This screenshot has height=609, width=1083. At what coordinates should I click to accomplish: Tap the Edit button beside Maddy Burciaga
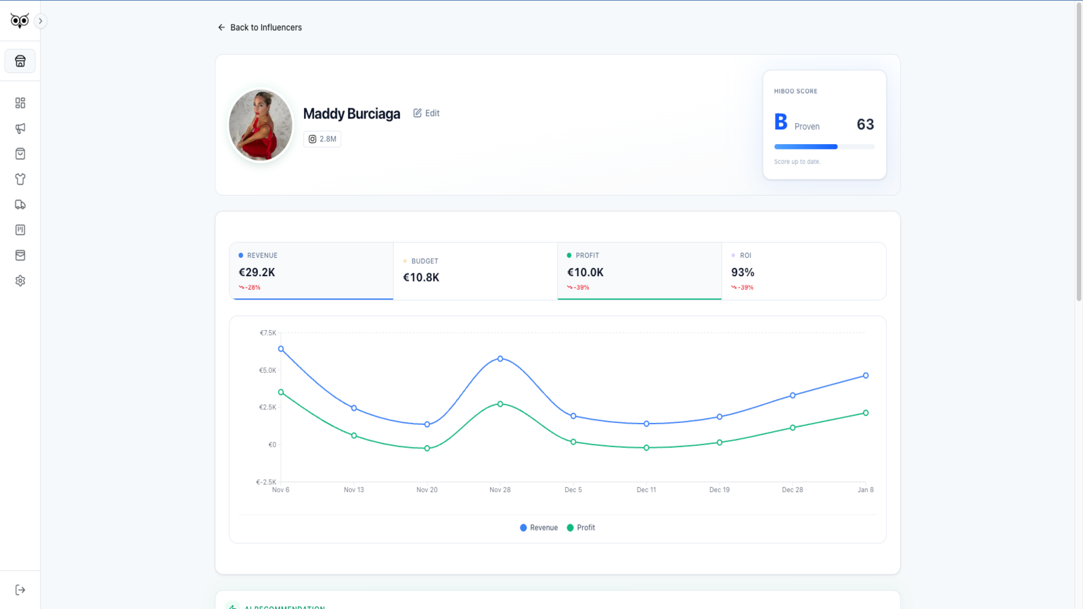pos(426,113)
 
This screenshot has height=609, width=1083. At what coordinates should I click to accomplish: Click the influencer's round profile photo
pos(261,125)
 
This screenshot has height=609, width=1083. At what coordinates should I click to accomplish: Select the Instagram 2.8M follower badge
pos(322,139)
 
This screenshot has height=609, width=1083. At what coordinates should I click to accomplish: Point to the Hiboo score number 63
pos(865,125)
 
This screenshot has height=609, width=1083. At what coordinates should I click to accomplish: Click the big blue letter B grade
pos(780,122)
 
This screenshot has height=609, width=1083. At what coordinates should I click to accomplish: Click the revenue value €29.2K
pos(257,273)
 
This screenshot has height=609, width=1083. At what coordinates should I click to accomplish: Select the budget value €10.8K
pos(421,277)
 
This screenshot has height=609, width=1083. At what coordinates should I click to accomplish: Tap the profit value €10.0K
pos(585,273)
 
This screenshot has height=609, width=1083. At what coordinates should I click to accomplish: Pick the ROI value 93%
pos(743,273)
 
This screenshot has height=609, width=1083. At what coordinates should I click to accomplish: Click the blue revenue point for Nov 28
pos(500,359)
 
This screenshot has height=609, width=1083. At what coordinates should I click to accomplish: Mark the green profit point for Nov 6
pos(281,392)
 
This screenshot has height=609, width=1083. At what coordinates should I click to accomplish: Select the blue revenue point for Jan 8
pos(866,376)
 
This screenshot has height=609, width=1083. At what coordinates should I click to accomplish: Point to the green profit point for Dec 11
pos(646,448)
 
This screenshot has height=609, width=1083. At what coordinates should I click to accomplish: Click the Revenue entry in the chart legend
pos(539,528)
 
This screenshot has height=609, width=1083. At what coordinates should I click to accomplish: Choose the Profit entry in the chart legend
pos(581,528)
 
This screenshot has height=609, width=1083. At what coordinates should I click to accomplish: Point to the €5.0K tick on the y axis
pos(268,371)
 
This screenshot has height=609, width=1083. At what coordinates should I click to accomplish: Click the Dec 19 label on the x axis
pos(720,490)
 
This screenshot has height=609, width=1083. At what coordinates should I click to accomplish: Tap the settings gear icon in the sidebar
pos(20,281)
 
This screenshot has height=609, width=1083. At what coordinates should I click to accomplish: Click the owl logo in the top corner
pos(20,21)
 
